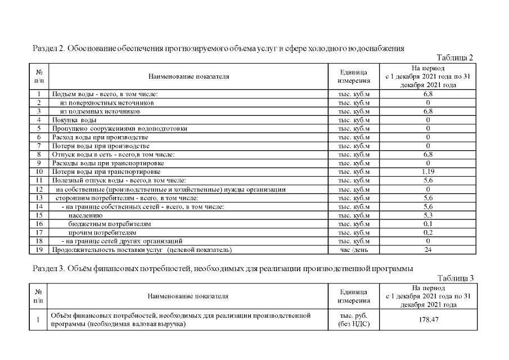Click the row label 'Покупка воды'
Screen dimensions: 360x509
click(x=74, y=120)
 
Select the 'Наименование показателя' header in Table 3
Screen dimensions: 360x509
click(x=188, y=296)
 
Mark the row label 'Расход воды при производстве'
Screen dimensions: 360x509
click(x=100, y=137)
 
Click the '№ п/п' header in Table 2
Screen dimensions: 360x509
click(x=39, y=76)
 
